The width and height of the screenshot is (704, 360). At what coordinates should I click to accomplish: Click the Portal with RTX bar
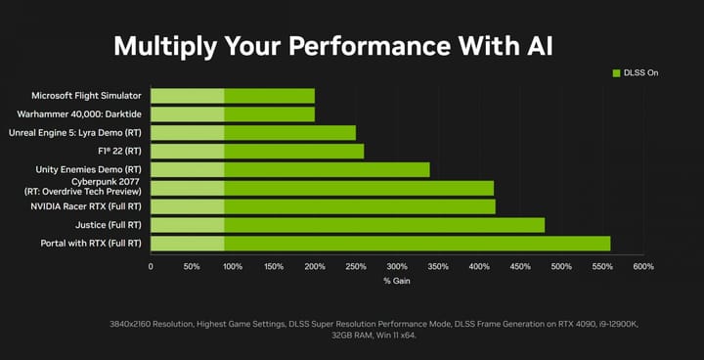tap(381, 243)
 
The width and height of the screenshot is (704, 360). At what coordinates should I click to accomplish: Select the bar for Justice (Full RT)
tap(348, 225)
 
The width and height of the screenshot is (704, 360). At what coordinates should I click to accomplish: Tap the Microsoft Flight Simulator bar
tap(233, 96)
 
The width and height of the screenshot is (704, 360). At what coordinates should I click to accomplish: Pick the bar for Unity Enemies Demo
tap(290, 169)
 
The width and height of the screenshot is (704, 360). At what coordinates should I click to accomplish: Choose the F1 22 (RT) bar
tap(257, 151)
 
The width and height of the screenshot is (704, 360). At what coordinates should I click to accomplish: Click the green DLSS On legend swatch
tap(616, 72)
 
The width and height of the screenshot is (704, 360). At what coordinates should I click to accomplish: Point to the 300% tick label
tap(396, 266)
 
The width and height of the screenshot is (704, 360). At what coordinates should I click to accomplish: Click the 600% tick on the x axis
tap(642, 266)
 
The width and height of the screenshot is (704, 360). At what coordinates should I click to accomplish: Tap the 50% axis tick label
tap(192, 266)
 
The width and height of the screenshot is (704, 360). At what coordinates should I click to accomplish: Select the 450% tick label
tap(519, 266)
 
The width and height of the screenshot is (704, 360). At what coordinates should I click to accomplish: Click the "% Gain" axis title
tap(396, 282)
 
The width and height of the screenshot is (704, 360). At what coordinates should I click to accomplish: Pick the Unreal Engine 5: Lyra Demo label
tap(85, 132)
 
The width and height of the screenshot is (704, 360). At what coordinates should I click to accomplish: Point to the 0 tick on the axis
tap(151, 266)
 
